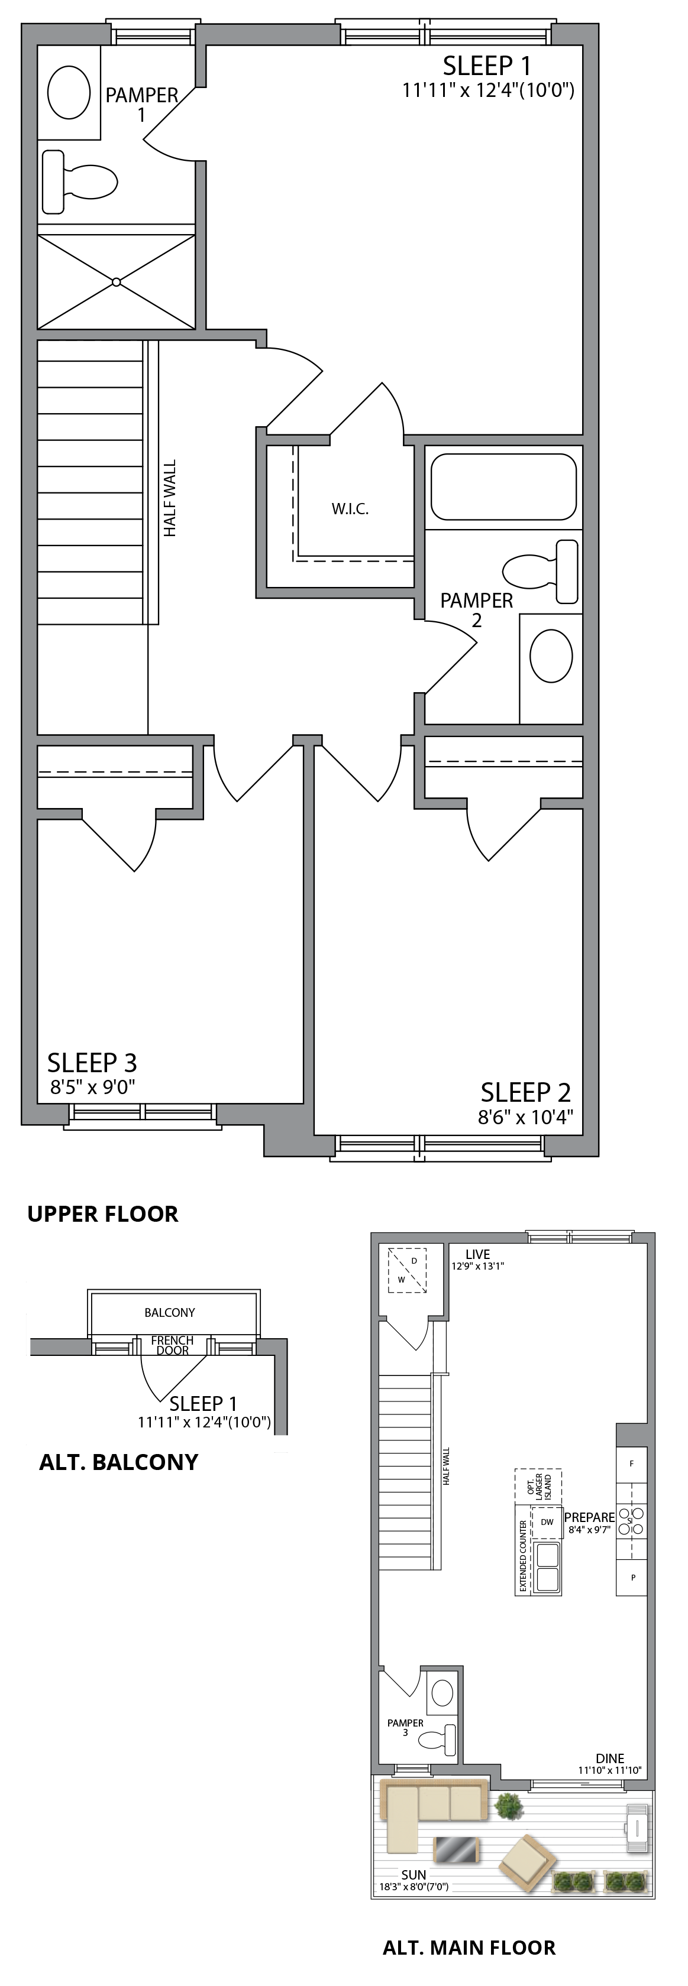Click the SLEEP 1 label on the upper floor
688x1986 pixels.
click(487, 65)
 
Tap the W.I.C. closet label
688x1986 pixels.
click(350, 509)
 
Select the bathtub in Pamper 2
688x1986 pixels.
click(503, 486)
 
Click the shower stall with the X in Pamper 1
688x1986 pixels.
click(117, 282)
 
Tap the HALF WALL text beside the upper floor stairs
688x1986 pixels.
click(170, 498)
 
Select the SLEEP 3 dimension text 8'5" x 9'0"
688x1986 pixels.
click(92, 1087)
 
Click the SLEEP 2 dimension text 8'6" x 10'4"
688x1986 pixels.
click(525, 1117)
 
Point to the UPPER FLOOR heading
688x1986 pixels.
click(102, 1213)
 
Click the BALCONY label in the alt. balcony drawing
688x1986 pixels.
click(170, 1312)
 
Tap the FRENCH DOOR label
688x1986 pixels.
click(172, 1345)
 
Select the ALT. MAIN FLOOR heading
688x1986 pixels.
click(469, 1948)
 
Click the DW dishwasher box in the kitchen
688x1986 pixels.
click(547, 1522)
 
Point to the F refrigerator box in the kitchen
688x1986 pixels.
click(632, 1462)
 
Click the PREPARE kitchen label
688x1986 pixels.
click(589, 1517)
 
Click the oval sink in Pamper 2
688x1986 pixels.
click(551, 656)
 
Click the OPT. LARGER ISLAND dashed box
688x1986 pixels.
click(538, 1484)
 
